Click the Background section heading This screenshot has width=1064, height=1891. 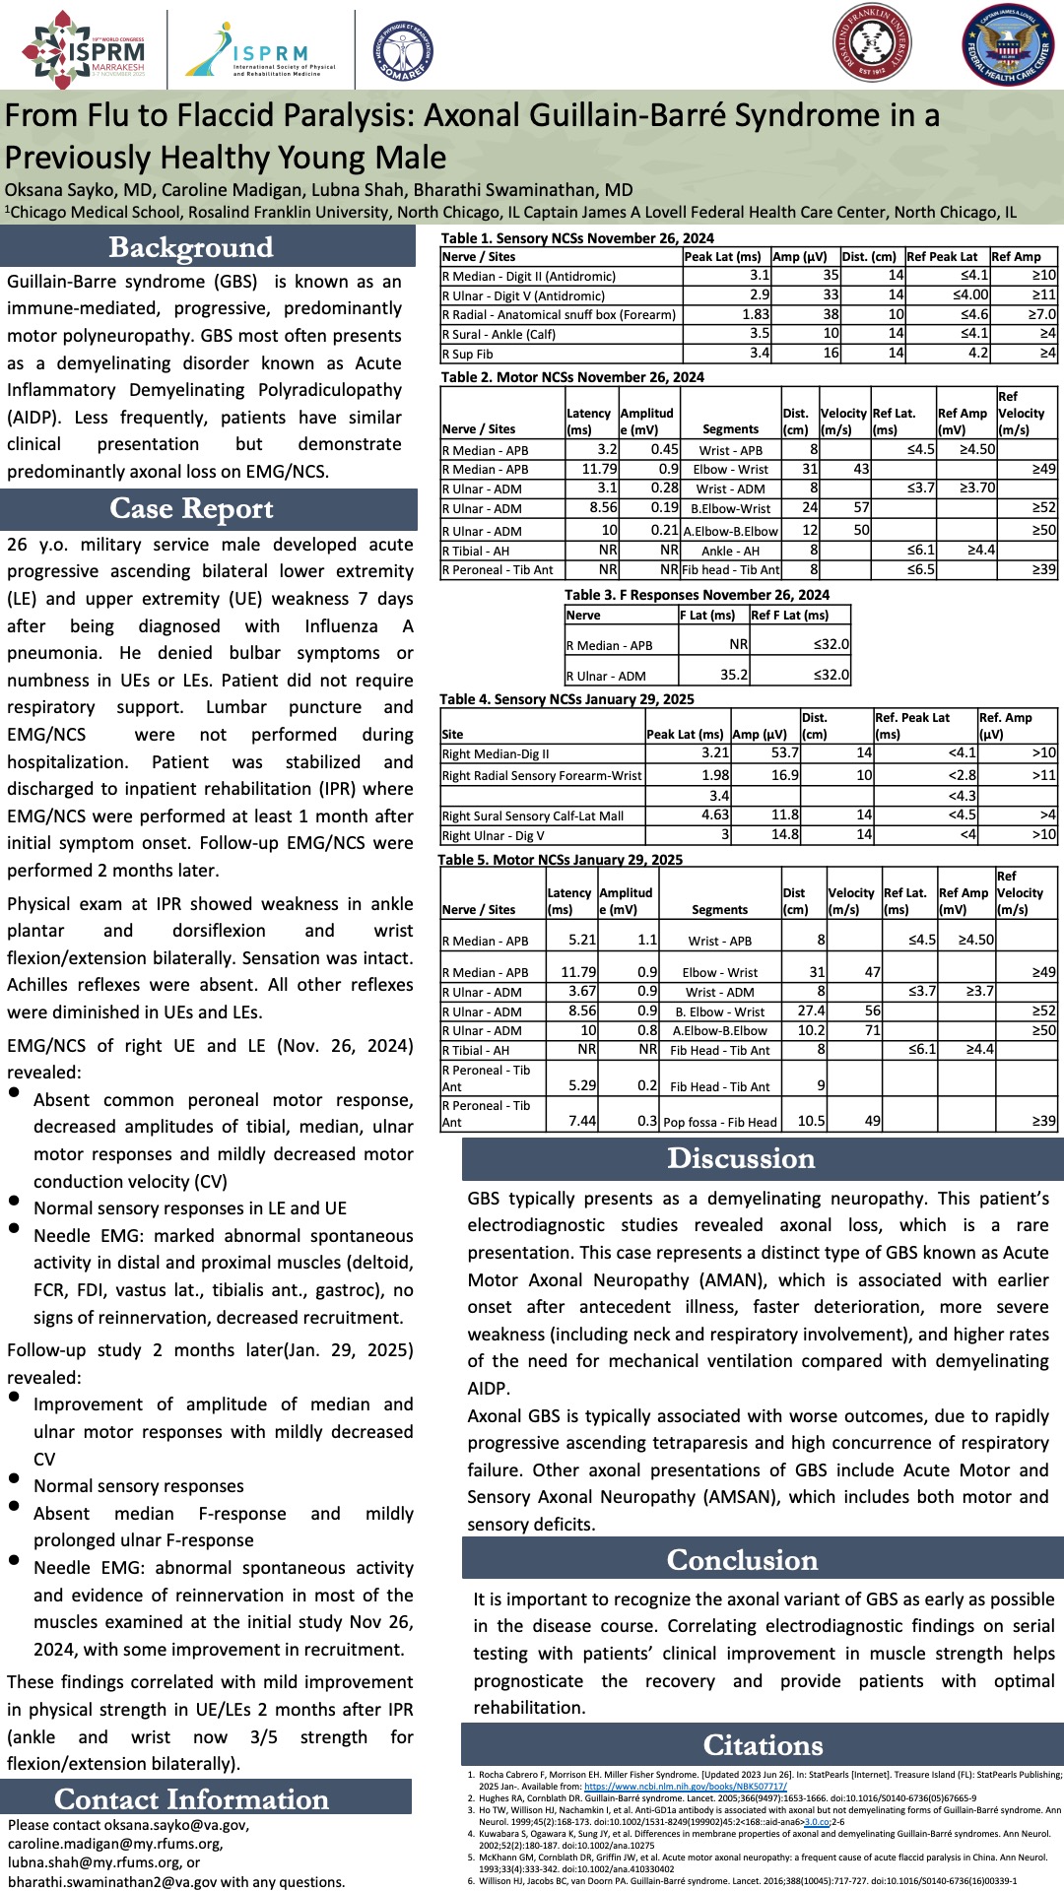191,247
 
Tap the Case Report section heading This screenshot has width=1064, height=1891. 191,508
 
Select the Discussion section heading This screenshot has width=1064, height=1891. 741,1158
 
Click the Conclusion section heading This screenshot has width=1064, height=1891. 742,1560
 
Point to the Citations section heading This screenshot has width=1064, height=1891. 763,1745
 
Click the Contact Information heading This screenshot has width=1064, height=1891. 191,1799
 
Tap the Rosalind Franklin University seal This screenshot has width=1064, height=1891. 872,43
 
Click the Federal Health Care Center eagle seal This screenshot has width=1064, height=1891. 1007,45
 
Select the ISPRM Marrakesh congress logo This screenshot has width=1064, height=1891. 84,49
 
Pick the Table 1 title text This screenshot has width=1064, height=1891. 577,238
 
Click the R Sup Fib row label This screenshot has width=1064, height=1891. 468,354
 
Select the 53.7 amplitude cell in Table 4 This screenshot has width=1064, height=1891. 784,753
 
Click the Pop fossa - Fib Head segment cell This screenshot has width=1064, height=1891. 720,1122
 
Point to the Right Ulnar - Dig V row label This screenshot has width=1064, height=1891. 489,836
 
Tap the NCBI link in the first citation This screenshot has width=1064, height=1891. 685,1786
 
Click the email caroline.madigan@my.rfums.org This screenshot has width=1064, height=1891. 115,1844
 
